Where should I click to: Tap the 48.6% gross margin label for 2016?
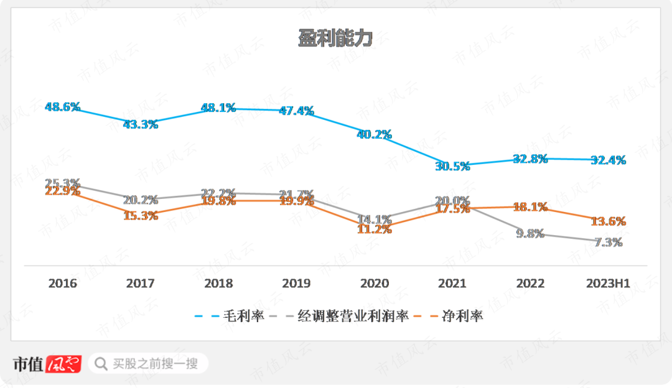tap(63, 107)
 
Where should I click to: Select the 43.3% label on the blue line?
tap(141, 124)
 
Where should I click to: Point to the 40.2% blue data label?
tap(374, 134)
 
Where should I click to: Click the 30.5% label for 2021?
tap(452, 166)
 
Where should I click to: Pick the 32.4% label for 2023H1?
tap(608, 160)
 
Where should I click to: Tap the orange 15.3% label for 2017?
tap(141, 216)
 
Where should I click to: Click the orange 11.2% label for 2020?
tap(374, 229)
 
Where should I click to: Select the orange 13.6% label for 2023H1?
tap(608, 222)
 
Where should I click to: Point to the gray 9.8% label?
tap(530, 234)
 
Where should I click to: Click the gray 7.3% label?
tap(608, 242)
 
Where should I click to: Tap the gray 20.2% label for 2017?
tap(141, 200)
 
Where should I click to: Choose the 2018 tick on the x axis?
tap(218, 284)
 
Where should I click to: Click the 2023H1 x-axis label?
tap(608, 284)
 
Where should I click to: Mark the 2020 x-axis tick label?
tap(374, 284)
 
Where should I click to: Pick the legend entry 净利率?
tap(462, 316)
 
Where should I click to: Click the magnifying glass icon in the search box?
tap(101, 363)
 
